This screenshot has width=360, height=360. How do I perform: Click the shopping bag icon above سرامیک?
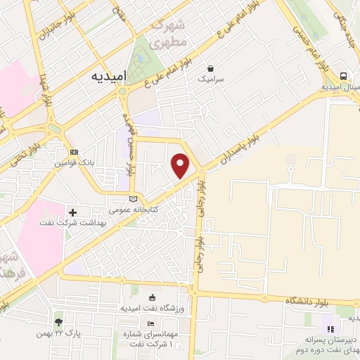click(x=210, y=69)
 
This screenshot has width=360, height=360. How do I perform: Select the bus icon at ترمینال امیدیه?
click(x=343, y=76)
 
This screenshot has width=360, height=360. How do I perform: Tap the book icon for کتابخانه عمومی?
click(x=134, y=199)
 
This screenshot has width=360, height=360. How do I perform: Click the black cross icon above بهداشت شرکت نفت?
click(x=74, y=212)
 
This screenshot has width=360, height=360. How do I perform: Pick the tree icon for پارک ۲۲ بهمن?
click(x=58, y=321)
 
